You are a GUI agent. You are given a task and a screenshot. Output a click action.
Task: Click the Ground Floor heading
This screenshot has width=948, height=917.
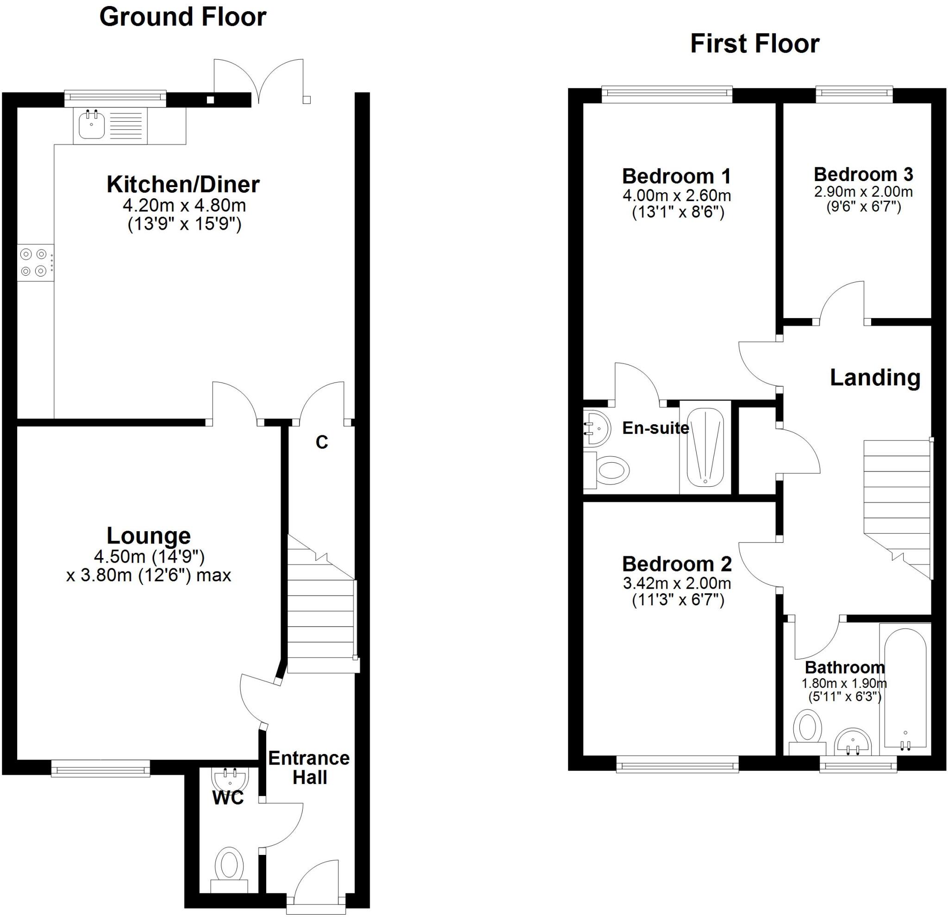(182, 17)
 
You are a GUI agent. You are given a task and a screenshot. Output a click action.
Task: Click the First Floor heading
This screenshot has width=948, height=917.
(754, 44)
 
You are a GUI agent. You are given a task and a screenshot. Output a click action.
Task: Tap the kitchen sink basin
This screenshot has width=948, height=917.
(91, 125)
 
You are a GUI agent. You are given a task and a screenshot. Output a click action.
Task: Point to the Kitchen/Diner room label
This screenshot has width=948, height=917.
(183, 184)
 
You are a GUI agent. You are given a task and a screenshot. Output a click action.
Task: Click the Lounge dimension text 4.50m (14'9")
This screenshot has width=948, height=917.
(149, 557)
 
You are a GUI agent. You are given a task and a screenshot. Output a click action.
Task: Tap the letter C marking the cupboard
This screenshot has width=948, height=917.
(322, 442)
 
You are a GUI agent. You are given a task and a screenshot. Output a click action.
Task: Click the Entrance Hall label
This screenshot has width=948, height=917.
(309, 767)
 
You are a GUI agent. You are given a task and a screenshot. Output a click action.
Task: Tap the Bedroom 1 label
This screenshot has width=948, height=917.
(676, 176)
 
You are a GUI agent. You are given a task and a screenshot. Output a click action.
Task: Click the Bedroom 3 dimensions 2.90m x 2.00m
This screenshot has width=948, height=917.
(863, 192)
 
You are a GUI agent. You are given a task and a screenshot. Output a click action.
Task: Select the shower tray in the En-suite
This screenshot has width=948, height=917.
(705, 446)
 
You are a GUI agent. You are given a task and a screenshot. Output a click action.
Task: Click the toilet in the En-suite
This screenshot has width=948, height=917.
(611, 470)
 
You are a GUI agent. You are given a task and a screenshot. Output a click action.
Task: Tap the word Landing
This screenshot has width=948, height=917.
(874, 378)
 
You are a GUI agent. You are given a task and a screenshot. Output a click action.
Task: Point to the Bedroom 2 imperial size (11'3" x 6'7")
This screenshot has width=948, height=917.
(678, 600)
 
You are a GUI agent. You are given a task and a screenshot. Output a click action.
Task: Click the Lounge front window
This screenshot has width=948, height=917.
(100, 768)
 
